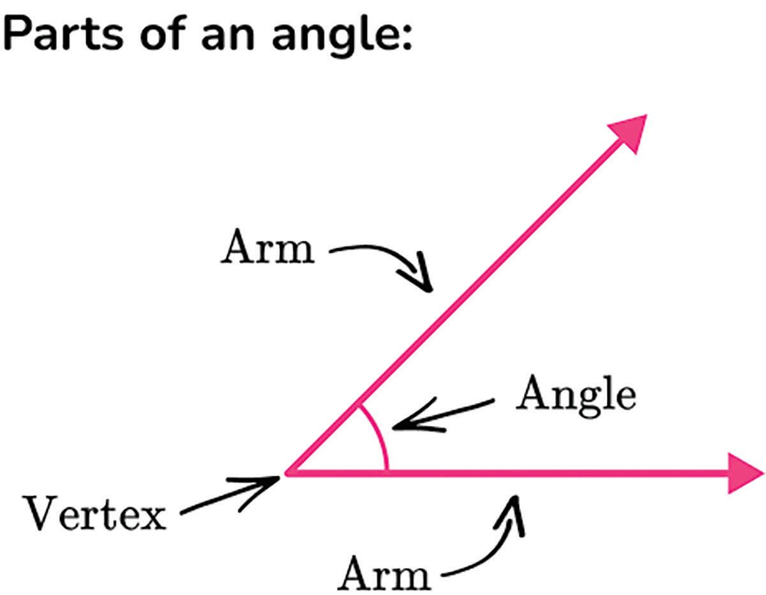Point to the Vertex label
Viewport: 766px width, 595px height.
coord(94,514)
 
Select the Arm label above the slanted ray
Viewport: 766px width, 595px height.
coord(267,249)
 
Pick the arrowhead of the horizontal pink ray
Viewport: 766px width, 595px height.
coord(745,473)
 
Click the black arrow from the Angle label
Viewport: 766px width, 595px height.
coord(440,415)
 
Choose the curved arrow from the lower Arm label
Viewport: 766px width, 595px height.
coord(492,542)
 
